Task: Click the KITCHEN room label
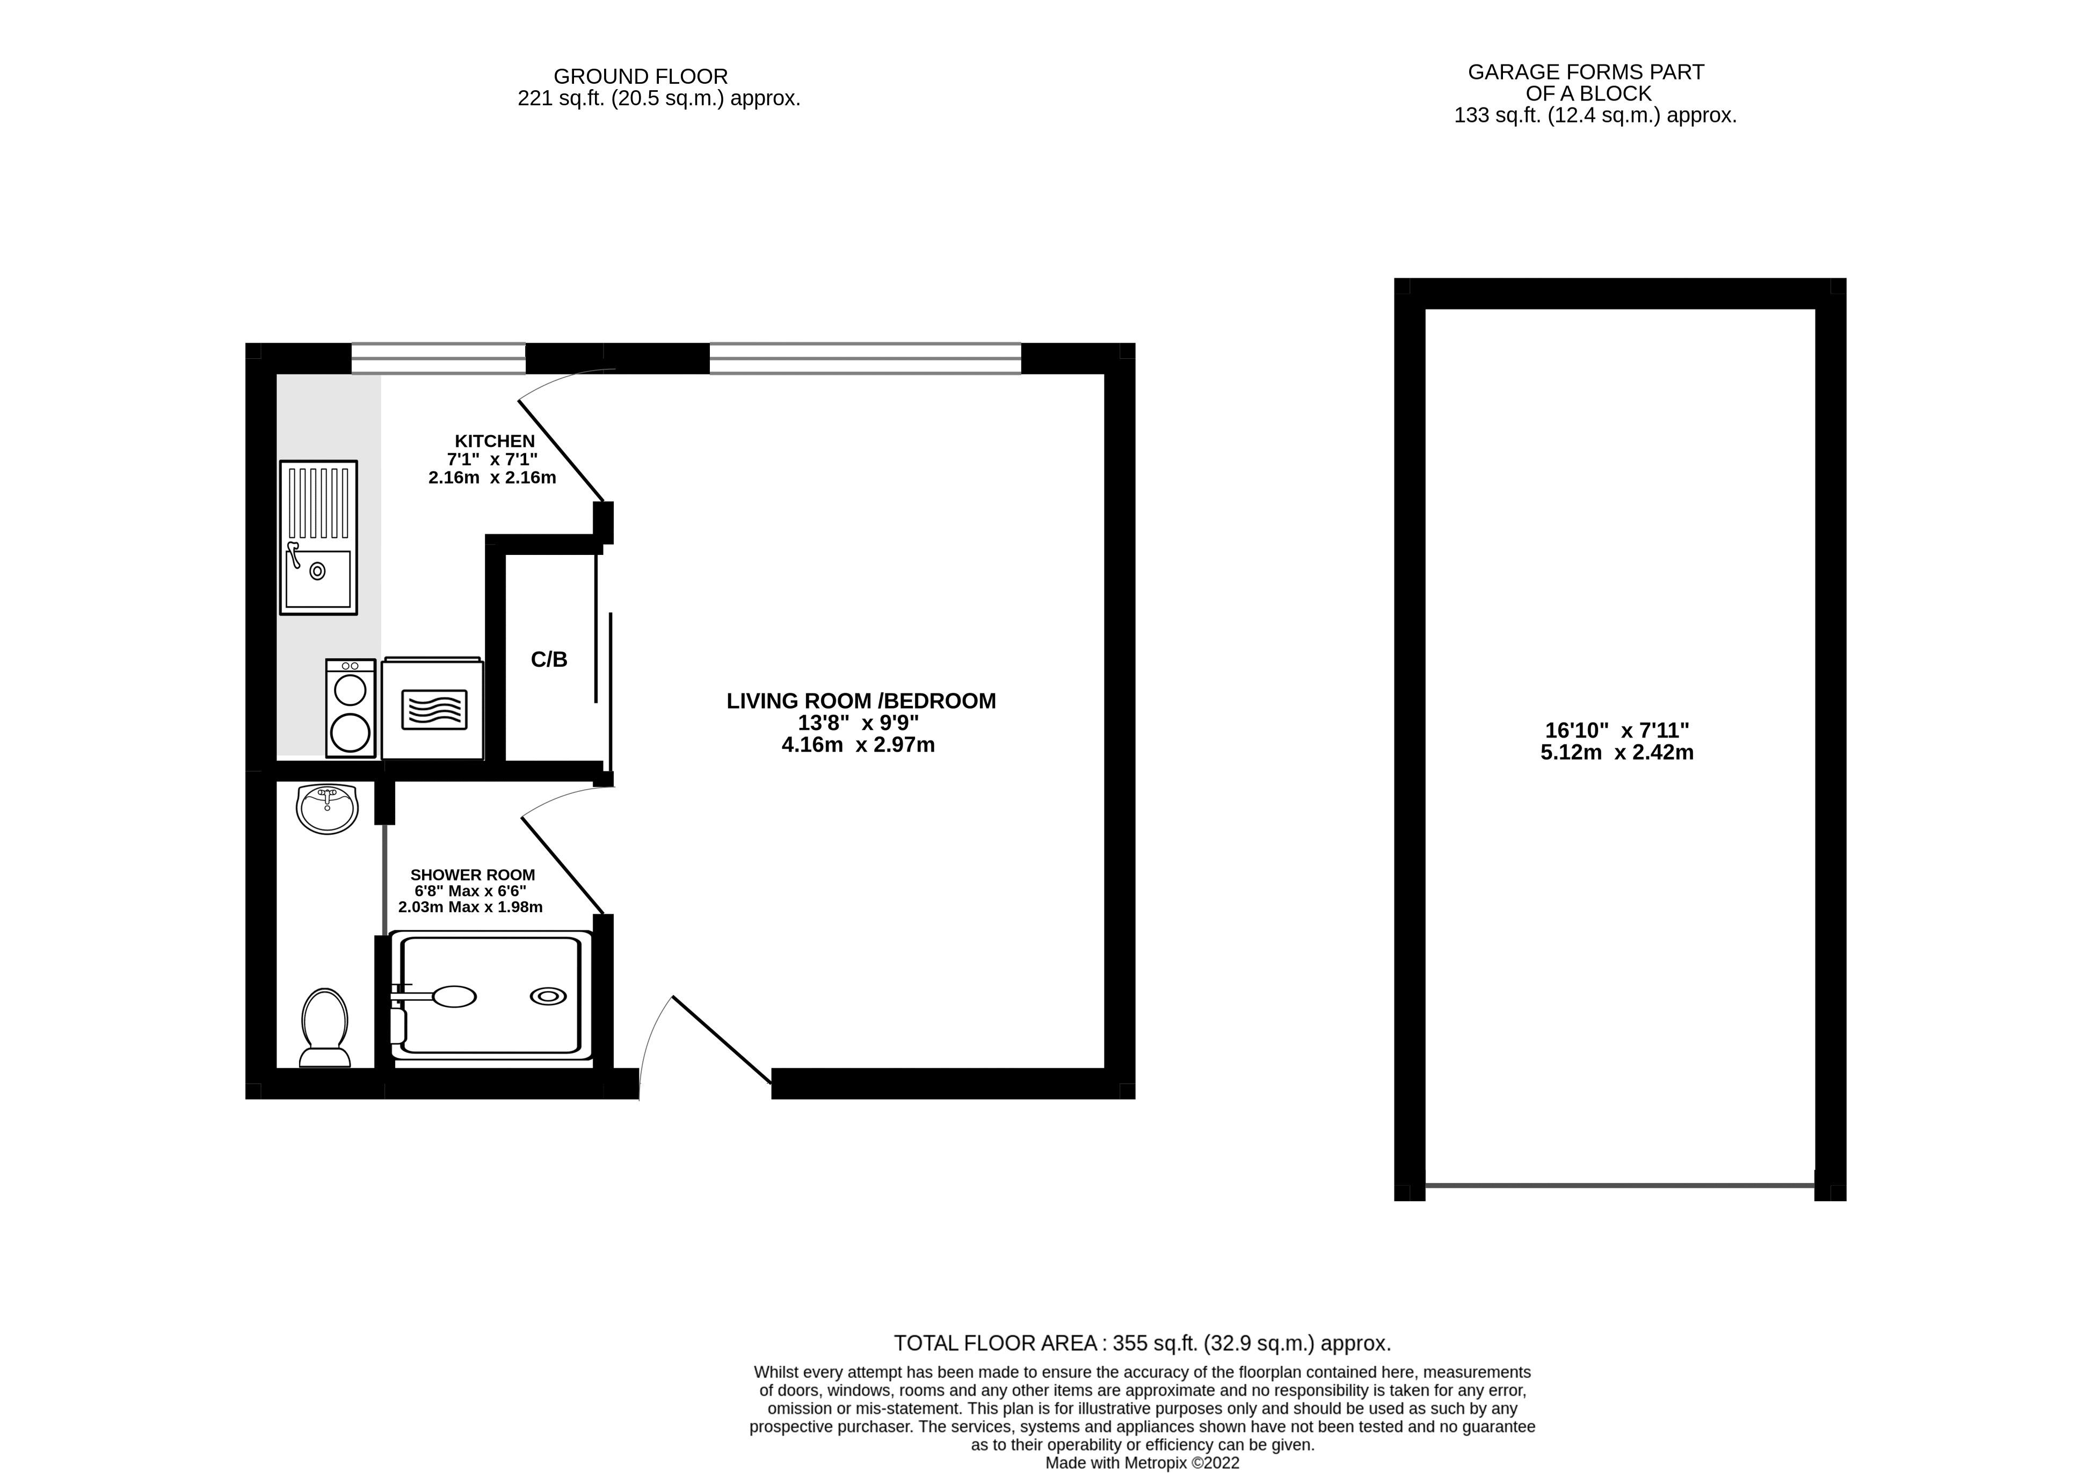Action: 495,441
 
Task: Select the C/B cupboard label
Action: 549,660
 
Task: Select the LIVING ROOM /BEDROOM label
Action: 861,701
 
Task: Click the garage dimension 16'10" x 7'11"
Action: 1617,730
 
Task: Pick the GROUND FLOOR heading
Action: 641,77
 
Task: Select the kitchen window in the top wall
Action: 438,358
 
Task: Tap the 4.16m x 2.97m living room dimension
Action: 858,745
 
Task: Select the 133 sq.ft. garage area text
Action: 1595,115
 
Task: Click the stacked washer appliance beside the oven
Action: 351,708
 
